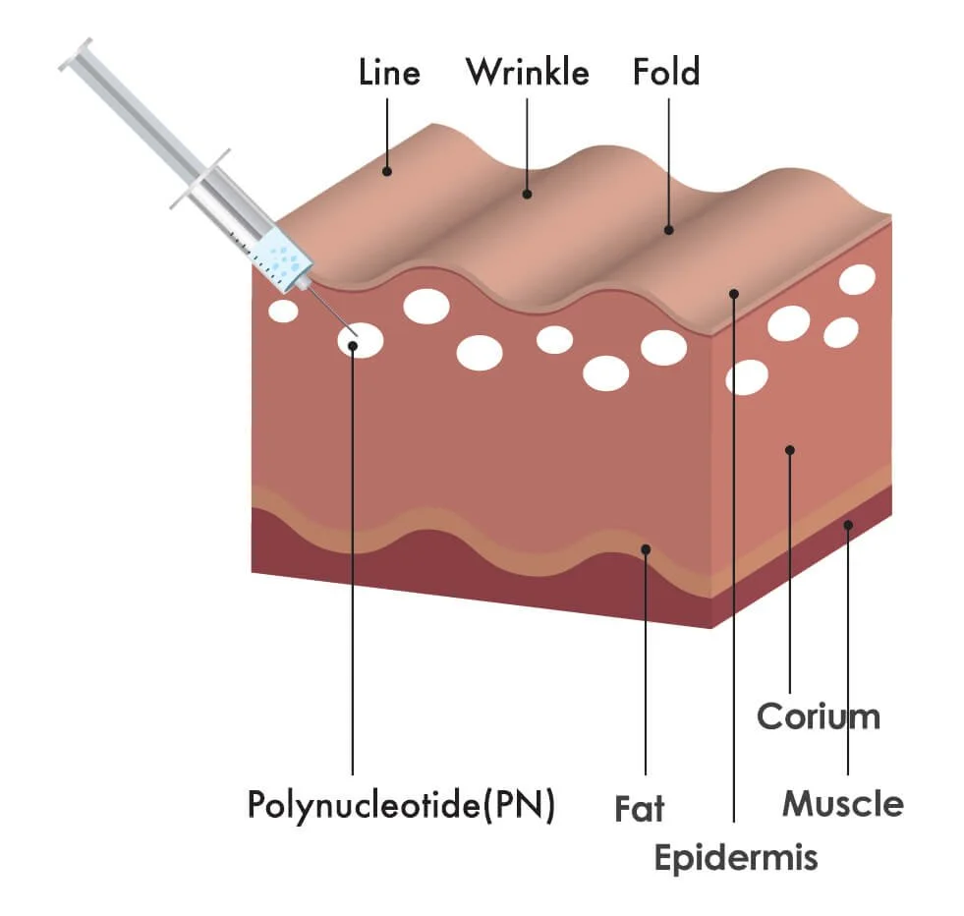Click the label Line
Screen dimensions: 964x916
pyautogui.click(x=390, y=73)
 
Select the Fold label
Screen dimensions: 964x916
pyautogui.click(x=666, y=73)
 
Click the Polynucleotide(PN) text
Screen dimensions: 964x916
pyautogui.click(x=401, y=805)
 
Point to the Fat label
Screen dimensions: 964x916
pyautogui.click(x=640, y=809)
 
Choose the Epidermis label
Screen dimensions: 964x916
pyautogui.click(x=736, y=857)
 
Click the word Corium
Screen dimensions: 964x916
pyautogui.click(x=818, y=716)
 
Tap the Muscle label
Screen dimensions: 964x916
pyautogui.click(x=842, y=804)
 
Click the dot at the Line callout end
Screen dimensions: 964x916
pyautogui.click(x=387, y=171)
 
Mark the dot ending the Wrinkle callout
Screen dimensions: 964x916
pyautogui.click(x=528, y=194)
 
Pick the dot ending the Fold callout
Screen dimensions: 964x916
pyautogui.click(x=668, y=230)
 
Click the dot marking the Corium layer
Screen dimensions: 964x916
pyautogui.click(x=789, y=450)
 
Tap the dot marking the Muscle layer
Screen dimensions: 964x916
pyautogui.click(x=848, y=525)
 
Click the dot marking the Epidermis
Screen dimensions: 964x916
pyautogui.click(x=733, y=292)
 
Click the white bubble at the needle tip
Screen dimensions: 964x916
pyautogui.click(x=361, y=340)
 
